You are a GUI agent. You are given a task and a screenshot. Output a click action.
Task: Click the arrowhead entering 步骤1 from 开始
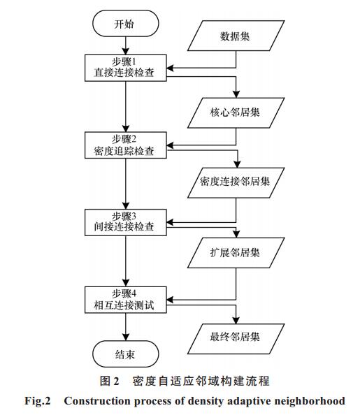126,51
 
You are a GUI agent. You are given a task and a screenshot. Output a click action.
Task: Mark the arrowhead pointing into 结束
126,337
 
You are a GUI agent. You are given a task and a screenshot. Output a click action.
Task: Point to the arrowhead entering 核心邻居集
236,94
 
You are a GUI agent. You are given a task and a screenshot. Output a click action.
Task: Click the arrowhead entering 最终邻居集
236,320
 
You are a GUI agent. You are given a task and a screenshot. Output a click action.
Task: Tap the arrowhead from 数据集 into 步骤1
170,68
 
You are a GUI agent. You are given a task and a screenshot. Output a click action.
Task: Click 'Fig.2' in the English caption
38,402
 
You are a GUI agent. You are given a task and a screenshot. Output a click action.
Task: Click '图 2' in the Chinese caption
110,381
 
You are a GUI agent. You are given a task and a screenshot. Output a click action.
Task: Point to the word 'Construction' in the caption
97,401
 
